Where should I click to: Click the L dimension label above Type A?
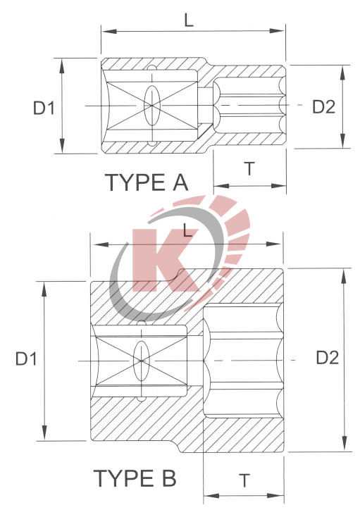click(x=188, y=20)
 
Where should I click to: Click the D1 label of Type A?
click(x=44, y=107)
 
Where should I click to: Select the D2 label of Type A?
click(x=323, y=106)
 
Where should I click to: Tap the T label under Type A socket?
click(x=249, y=168)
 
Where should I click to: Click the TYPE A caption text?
click(x=147, y=182)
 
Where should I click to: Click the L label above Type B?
click(x=187, y=230)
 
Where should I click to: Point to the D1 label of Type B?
click(x=26, y=359)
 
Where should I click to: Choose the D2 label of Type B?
click(x=327, y=357)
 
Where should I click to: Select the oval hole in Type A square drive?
click(x=150, y=105)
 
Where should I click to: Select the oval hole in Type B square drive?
click(x=141, y=360)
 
